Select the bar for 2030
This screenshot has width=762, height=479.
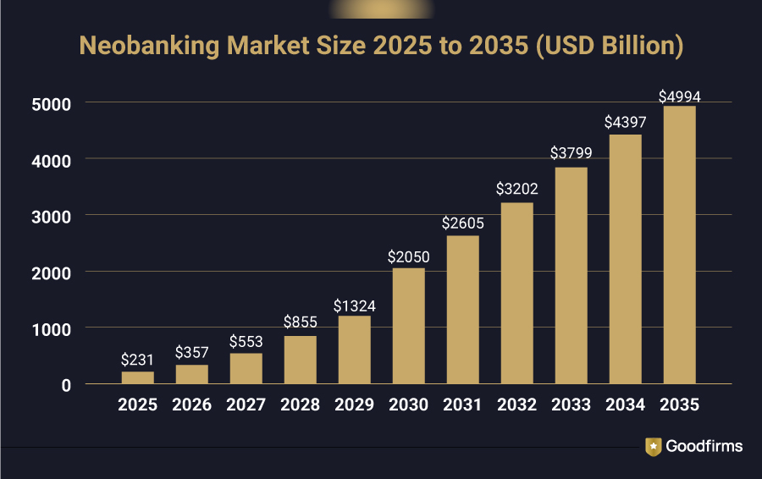409,326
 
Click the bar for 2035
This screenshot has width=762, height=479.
679,245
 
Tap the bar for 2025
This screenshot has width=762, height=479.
138,377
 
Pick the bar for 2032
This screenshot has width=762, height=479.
517,293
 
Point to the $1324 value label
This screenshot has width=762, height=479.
354,306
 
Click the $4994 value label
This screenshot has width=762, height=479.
679,96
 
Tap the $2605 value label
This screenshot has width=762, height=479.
463,224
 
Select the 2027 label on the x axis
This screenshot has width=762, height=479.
246,405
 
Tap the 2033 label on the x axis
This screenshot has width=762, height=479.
571,405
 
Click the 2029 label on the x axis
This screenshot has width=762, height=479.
355,405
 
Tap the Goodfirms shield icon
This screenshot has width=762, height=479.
654,446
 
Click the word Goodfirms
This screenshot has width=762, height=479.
704,446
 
